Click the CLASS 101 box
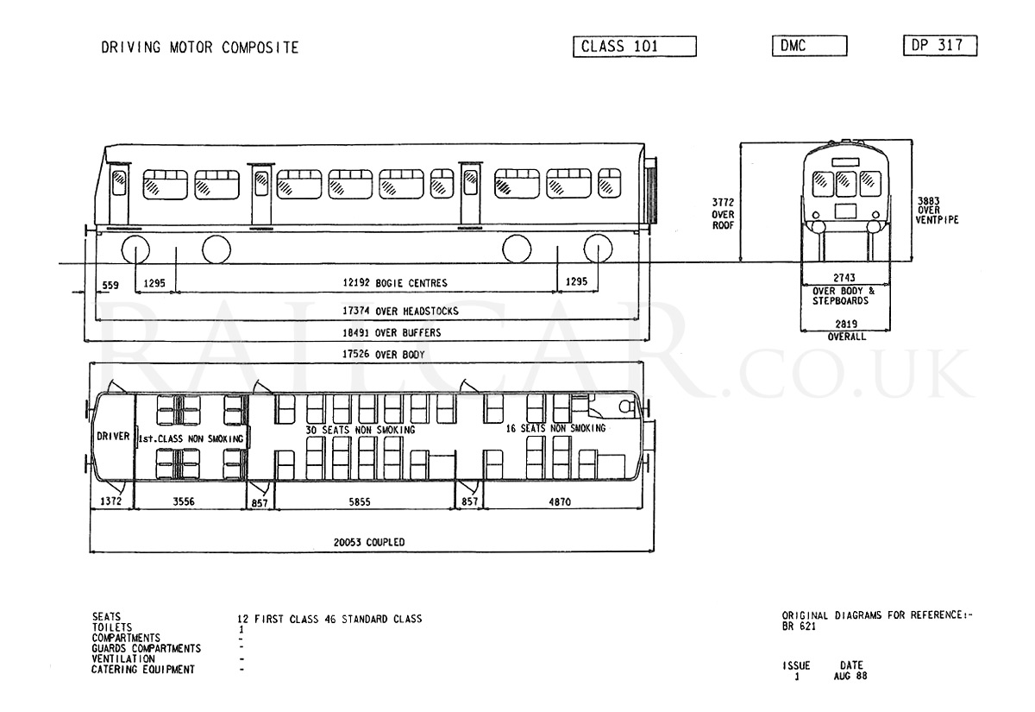[635, 47]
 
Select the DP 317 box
[940, 45]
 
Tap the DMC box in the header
[810, 46]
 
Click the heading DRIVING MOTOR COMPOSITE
[200, 47]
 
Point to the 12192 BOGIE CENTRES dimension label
[395, 282]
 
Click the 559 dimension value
[110, 285]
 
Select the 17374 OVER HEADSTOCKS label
[400, 311]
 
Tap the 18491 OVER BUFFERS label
[392, 332]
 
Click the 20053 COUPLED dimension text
[369, 542]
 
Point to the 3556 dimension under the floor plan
[184, 501]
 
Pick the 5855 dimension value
[360, 501]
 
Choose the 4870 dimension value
[560, 501]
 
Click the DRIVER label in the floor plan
[113, 436]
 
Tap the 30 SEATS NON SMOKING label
[361, 430]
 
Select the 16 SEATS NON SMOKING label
[555, 428]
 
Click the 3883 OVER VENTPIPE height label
[938, 211]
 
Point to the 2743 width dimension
[844, 277]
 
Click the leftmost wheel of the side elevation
[135, 249]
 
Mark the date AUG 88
[850, 676]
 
